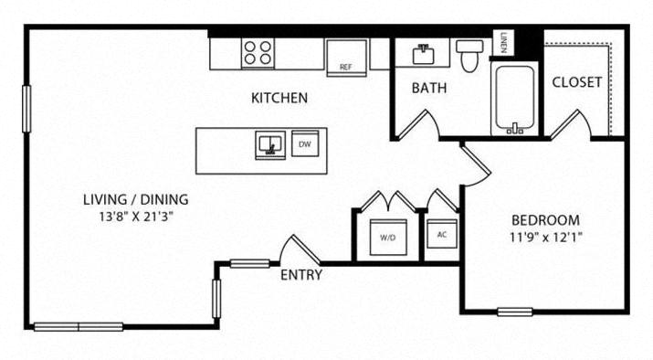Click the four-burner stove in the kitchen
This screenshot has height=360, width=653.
tap(258, 53)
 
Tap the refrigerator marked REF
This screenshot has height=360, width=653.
tap(346, 58)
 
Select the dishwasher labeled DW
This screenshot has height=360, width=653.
tap(305, 143)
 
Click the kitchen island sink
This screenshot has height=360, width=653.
tap(270, 145)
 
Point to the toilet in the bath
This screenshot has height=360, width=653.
tap(469, 56)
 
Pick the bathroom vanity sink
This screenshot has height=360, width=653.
tap(423, 54)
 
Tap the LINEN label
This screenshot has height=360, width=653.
tap(503, 43)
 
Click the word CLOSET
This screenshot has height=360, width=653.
tap(577, 82)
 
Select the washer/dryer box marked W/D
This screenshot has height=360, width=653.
tap(388, 238)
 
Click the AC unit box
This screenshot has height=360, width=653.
tap(442, 234)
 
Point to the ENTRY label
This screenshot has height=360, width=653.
tap(301, 275)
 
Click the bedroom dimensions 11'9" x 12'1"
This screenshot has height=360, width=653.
tap(545, 238)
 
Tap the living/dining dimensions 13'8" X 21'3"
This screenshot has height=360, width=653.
tap(136, 217)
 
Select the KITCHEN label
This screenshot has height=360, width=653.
tap(279, 98)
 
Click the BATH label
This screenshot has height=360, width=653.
tap(429, 88)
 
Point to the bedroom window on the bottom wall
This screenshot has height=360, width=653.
tap(515, 312)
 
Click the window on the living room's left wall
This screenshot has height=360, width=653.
tap(26, 109)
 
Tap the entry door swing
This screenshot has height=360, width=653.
tap(300, 250)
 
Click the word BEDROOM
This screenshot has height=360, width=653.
tap(545, 219)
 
